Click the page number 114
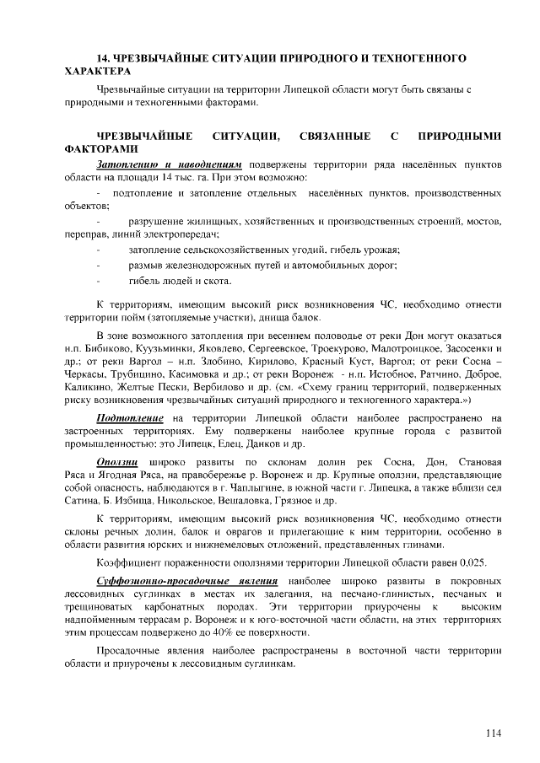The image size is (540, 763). pyautogui.click(x=493, y=733)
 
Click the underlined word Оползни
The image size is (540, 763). pyautogui.click(x=119, y=461)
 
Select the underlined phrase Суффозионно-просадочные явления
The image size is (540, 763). pyautogui.click(x=188, y=582)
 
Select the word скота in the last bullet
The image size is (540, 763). pyautogui.click(x=215, y=280)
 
